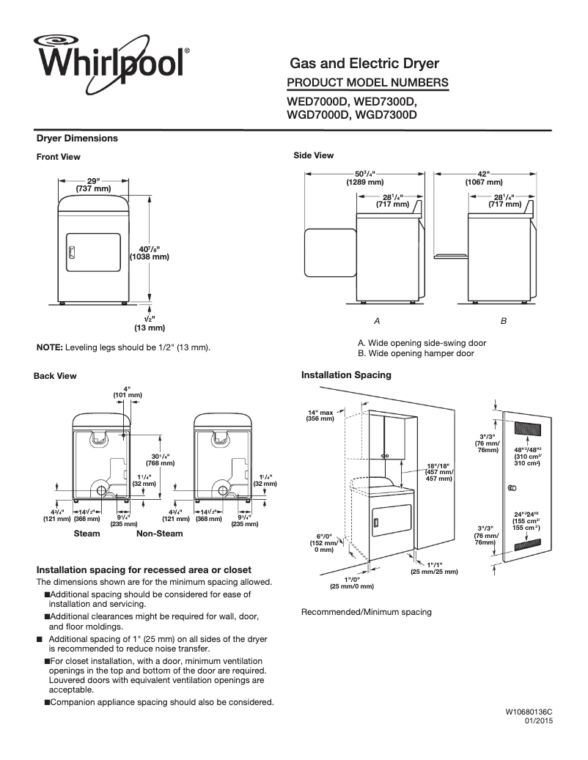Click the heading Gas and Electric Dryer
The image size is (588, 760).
365,64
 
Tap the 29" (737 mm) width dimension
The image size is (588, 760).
93,185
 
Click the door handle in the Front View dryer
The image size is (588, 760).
71,253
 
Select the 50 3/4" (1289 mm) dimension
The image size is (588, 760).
364,178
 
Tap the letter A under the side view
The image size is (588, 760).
377,322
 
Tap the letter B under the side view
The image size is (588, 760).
504,322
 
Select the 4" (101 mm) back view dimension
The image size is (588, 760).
127,392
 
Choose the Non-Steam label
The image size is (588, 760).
160,534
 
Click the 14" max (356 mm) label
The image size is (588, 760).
321,416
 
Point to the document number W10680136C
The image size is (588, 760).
528,712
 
